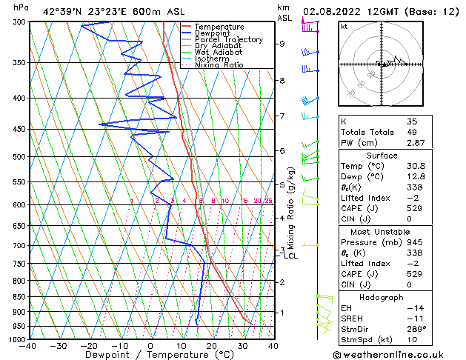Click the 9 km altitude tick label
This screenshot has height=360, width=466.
[x=282, y=44]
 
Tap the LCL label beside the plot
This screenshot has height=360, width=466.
[x=291, y=256]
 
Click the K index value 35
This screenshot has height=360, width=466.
[x=412, y=121]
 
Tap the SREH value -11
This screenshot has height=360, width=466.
[x=413, y=318]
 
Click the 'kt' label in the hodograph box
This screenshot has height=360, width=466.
[x=344, y=26]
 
